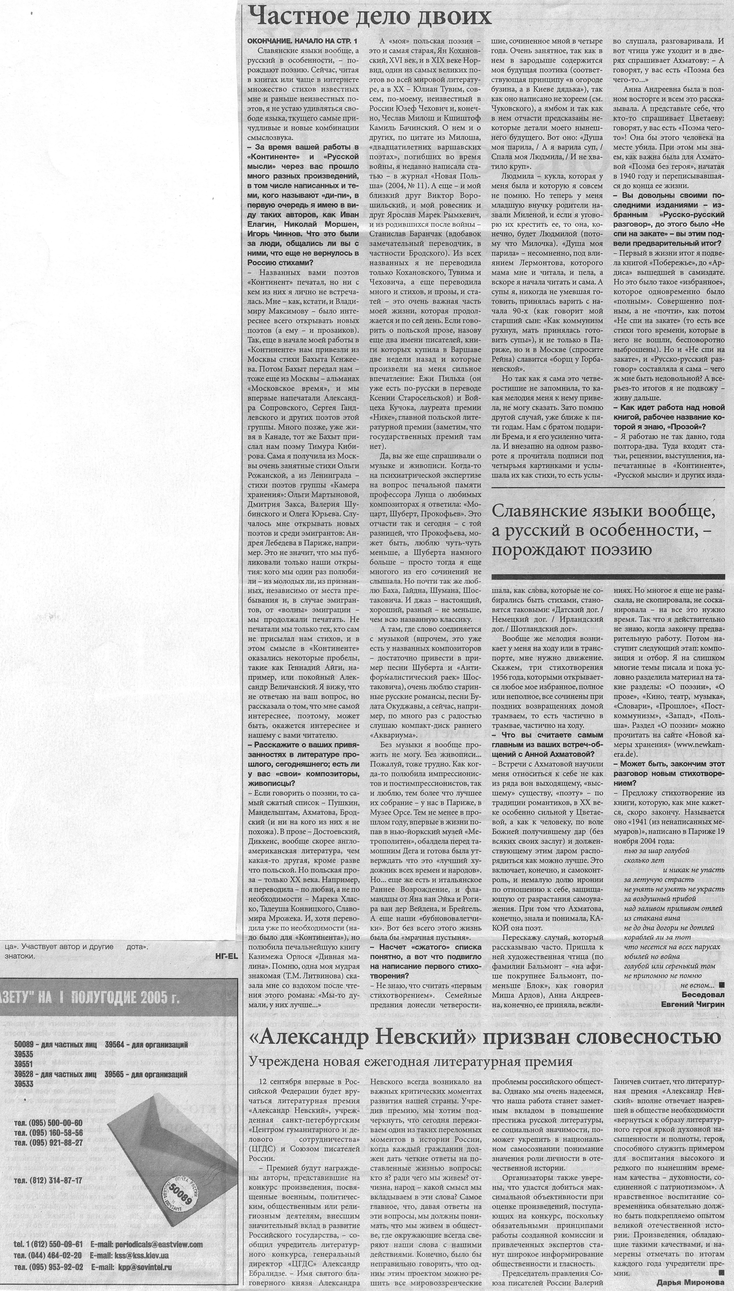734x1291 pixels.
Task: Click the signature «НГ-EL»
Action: [226, 956]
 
